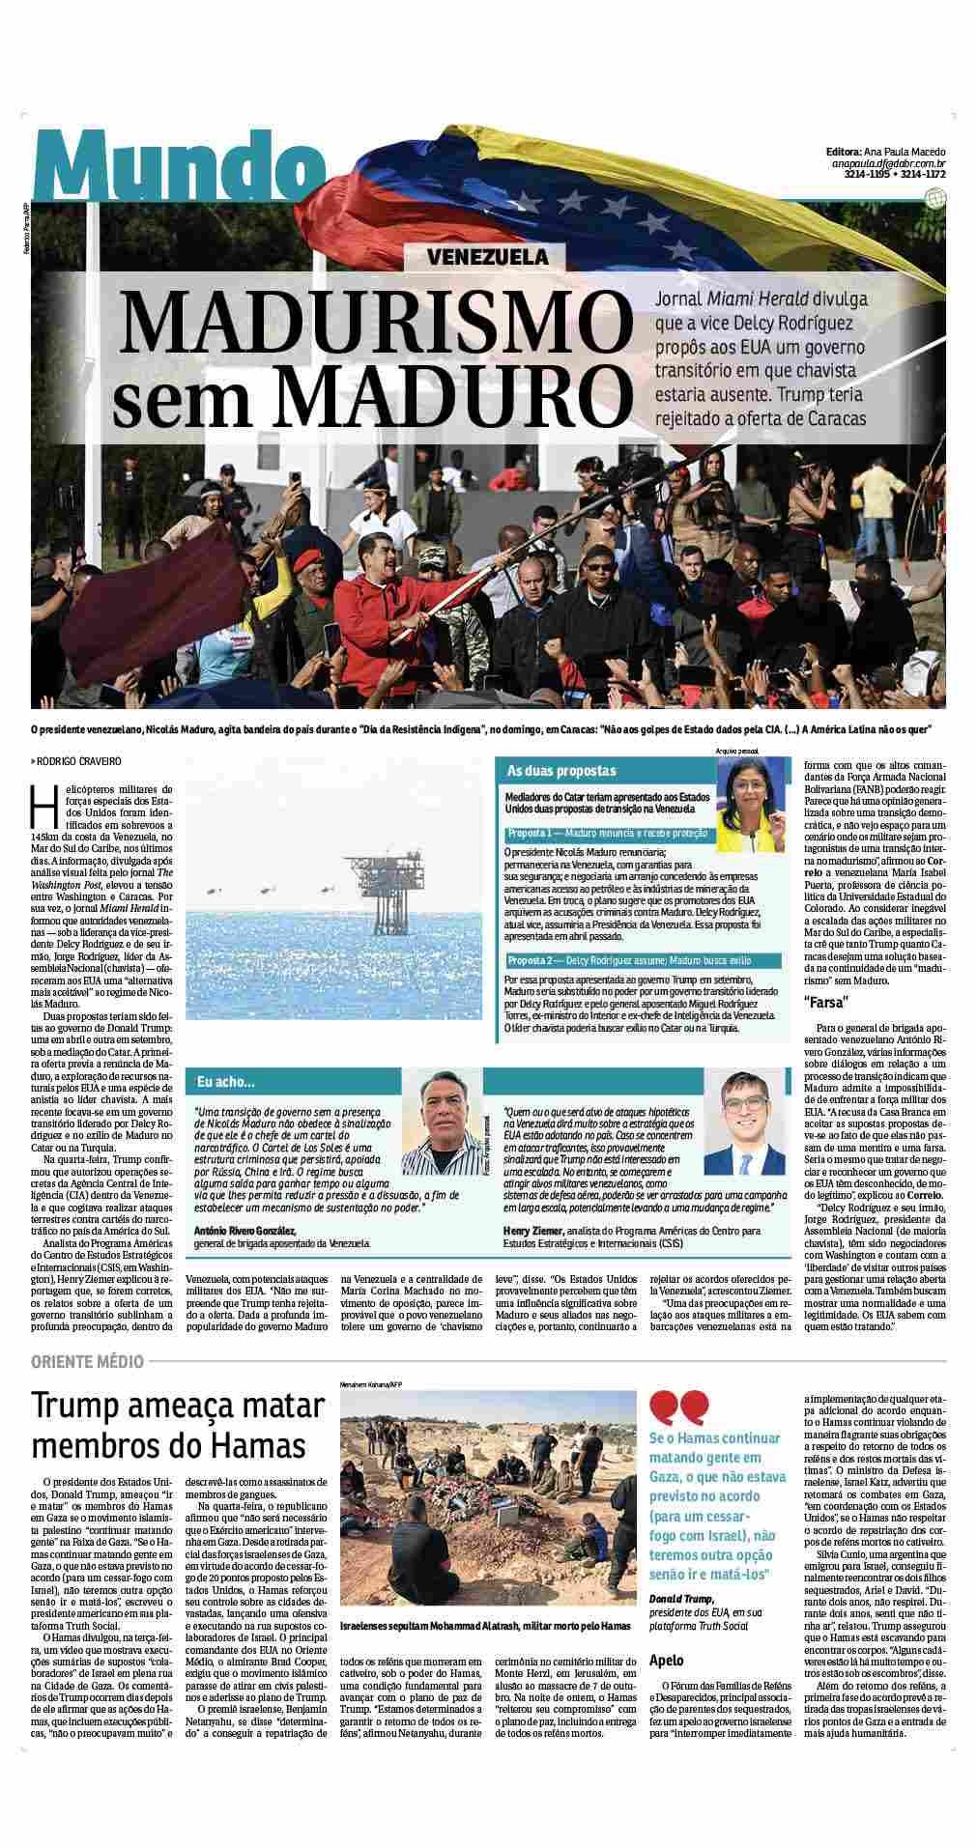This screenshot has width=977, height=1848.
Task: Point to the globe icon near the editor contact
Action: coord(934,199)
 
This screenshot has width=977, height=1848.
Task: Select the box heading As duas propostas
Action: coord(561,771)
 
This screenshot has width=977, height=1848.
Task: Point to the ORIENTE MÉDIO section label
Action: coord(87,1362)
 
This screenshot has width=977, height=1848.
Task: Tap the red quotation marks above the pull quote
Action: coord(679,1407)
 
